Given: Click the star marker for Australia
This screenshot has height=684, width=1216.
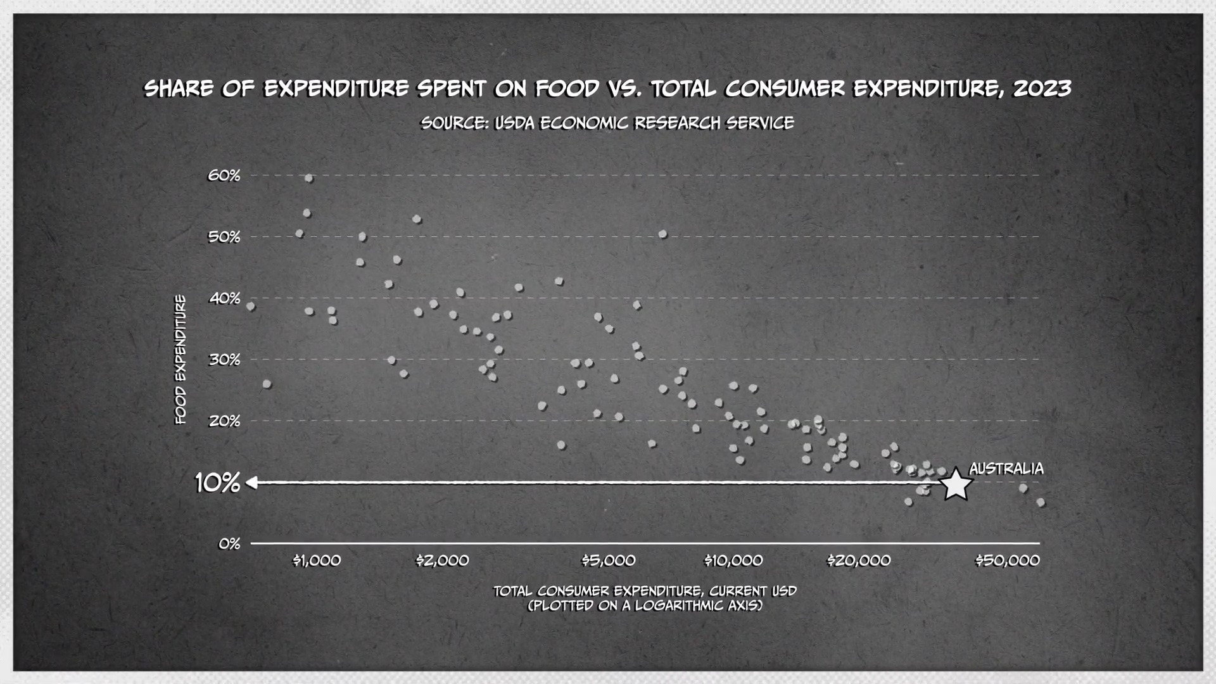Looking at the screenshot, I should coord(956,485).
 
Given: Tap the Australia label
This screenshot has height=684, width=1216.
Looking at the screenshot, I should coord(1006,469).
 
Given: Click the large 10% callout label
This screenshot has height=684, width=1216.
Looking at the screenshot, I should coord(217,483).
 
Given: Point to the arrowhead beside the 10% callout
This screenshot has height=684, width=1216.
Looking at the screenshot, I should coord(251,483).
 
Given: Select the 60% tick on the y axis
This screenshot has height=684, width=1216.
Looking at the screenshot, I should coord(224,175).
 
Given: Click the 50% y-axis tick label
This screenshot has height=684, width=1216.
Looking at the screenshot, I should coord(224,237).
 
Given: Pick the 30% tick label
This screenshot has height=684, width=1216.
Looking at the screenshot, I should coord(224,360).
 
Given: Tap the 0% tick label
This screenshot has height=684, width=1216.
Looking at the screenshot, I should coord(229,544).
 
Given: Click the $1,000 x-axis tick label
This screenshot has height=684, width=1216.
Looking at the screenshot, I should coord(317,560).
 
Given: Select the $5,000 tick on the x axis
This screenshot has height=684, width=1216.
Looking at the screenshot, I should coord(609,560).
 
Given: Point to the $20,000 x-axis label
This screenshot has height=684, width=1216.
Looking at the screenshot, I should coord(859,560).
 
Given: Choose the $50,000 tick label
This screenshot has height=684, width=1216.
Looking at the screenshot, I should coord(1008,560).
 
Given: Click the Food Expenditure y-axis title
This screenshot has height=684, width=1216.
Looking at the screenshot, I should coord(181,359).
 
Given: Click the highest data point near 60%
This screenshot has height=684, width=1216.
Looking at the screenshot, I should coord(309,179).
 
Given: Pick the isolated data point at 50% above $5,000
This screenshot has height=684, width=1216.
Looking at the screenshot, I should coord(662,234).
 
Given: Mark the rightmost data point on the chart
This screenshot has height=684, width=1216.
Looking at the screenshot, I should coord(1041,502).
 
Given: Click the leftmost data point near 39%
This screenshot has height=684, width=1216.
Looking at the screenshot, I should coord(251,307).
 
